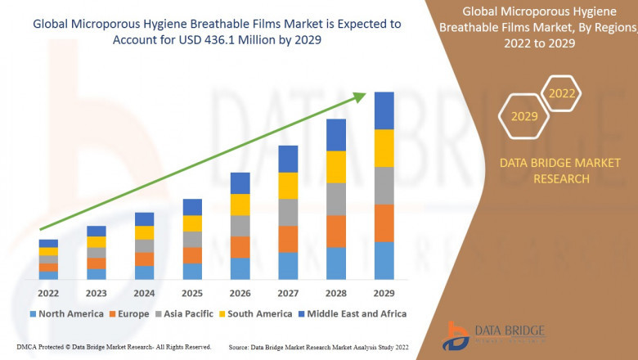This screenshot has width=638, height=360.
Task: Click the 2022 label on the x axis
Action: tap(48, 292)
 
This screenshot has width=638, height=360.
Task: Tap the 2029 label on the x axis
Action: tap(384, 292)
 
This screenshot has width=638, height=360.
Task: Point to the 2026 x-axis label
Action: tap(240, 292)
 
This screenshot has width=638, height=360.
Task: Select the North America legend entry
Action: tap(67, 313)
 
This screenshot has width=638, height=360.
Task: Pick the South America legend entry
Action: tap(256, 313)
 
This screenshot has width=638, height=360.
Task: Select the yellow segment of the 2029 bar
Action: tap(384, 148)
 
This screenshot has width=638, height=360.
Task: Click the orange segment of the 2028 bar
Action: tap(336, 231)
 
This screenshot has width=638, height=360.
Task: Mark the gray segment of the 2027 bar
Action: tap(288, 212)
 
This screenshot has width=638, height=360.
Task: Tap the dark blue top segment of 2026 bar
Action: tap(240, 182)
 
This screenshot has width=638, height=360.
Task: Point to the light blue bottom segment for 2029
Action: tap(384, 260)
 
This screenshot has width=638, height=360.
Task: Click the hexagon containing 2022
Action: tap(561, 94)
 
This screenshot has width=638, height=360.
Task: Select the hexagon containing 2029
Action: tap(524, 116)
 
